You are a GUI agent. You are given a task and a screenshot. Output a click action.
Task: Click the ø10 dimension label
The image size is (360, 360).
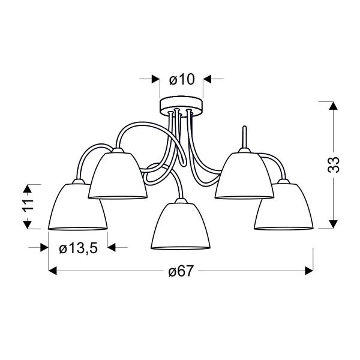(182, 79)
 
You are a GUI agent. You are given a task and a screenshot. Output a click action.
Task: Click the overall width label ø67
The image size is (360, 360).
(180, 272)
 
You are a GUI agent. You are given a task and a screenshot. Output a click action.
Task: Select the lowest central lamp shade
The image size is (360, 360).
(181, 226)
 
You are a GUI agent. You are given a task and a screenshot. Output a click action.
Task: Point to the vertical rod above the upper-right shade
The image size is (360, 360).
(244, 137)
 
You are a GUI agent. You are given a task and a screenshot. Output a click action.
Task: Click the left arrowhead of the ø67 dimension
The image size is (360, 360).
(52, 272)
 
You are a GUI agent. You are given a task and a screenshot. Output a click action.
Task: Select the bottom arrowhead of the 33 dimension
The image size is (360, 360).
(331, 224)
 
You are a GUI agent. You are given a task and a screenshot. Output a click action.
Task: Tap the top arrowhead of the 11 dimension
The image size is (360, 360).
(27, 187)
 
